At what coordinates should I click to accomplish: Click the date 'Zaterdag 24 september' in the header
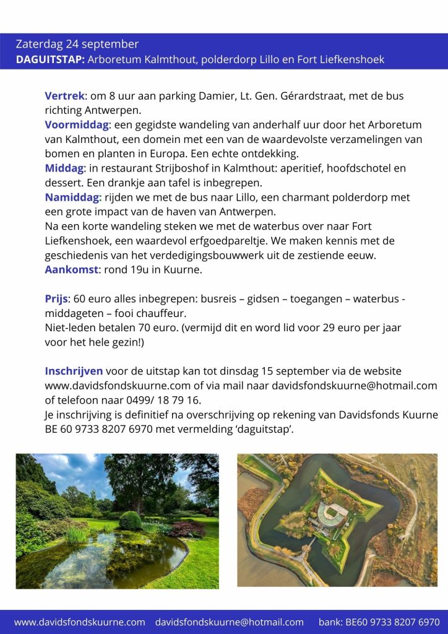(x=77, y=45)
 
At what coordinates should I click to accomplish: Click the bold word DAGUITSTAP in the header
(x=50, y=59)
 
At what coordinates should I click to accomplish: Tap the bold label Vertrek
(x=64, y=96)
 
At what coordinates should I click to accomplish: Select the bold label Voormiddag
(x=76, y=125)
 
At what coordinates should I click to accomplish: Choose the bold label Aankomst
(x=71, y=269)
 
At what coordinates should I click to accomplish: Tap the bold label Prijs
(x=56, y=298)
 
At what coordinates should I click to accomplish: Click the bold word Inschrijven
(x=74, y=371)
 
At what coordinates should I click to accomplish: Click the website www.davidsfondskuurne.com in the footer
(x=79, y=622)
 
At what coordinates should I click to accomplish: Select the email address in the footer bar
(x=229, y=622)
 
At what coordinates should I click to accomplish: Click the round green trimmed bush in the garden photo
(x=130, y=520)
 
